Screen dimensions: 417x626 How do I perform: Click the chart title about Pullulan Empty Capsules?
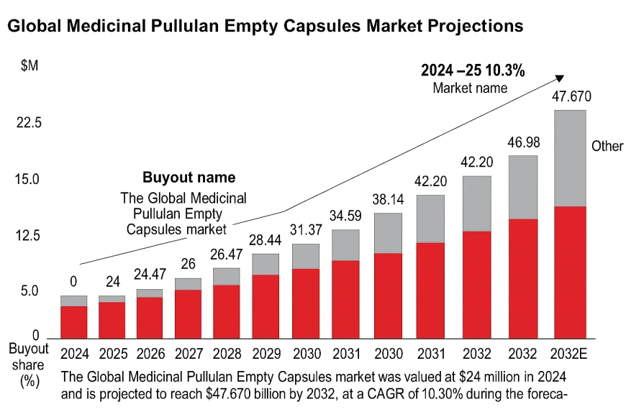(x=265, y=27)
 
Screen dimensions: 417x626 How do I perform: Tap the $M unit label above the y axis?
(x=30, y=66)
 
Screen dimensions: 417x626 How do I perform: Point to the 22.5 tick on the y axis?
(x=30, y=123)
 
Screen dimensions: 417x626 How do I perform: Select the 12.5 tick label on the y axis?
(x=30, y=236)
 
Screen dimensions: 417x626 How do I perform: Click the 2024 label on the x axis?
(x=73, y=353)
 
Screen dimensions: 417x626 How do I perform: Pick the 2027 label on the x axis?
(x=189, y=353)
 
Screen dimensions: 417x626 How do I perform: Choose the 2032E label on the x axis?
(x=570, y=353)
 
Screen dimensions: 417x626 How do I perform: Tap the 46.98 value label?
(x=524, y=142)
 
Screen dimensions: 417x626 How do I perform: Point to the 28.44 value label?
(x=266, y=239)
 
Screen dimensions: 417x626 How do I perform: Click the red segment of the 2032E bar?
(x=570, y=272)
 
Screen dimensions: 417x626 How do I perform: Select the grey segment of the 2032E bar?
(x=570, y=158)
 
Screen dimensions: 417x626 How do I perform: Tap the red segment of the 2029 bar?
(x=266, y=306)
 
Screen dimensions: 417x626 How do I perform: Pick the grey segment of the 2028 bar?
(x=227, y=276)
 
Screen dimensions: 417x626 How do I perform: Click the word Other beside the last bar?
(x=607, y=146)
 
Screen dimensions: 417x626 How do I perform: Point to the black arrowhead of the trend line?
(x=558, y=79)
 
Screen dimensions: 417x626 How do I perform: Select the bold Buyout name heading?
(x=189, y=178)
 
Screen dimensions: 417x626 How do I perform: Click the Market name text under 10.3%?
(x=470, y=88)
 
